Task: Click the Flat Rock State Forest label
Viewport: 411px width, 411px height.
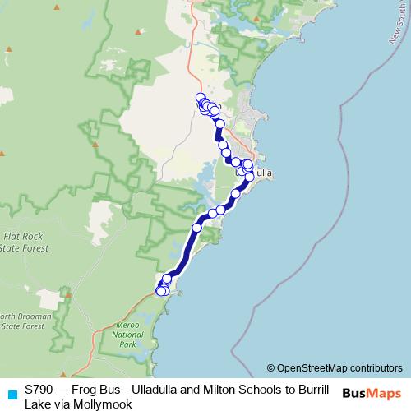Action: tap(20, 239)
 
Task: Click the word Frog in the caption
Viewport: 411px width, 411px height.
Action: tap(85, 388)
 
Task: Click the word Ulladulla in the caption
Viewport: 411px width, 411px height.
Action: tap(150, 388)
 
